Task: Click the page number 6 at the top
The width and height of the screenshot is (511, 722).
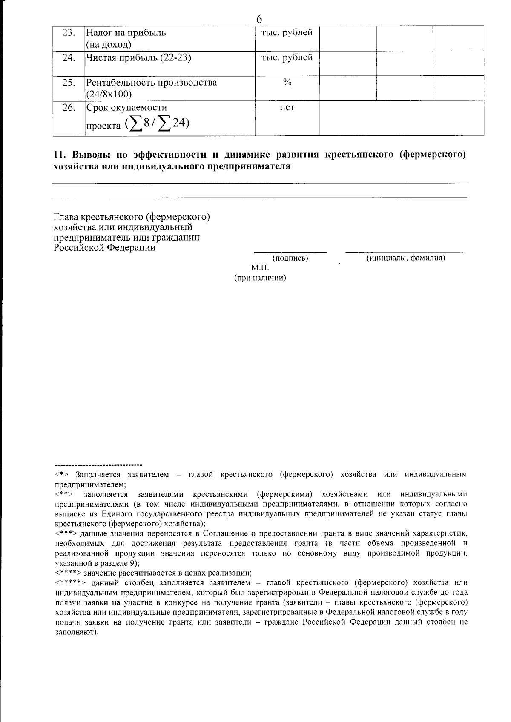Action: click(x=259, y=19)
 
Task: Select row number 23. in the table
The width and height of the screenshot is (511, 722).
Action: click(x=68, y=33)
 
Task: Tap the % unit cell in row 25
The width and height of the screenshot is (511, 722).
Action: click(x=287, y=83)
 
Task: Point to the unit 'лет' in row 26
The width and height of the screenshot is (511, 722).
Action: click(x=287, y=108)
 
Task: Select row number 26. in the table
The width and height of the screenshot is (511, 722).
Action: click(x=68, y=108)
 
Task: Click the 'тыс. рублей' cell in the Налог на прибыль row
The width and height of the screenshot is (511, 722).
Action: click(x=287, y=33)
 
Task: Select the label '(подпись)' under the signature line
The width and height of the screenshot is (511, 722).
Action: click(x=290, y=258)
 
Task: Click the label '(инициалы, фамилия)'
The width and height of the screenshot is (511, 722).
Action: click(x=405, y=258)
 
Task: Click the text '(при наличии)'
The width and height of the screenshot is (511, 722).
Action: click(x=260, y=278)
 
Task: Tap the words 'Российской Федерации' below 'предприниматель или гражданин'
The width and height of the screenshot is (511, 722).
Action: click(x=104, y=248)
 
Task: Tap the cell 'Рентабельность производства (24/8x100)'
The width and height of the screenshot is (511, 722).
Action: click(x=152, y=88)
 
